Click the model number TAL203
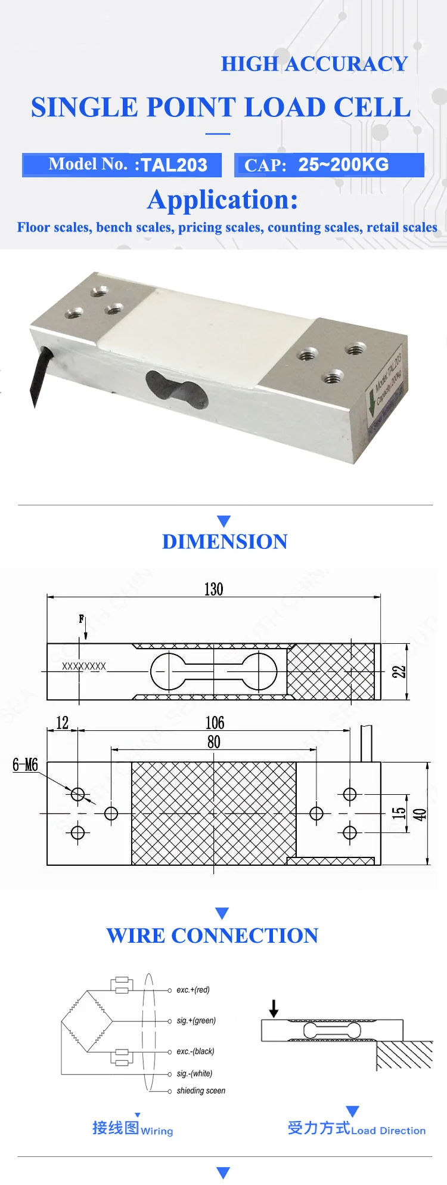click(x=173, y=165)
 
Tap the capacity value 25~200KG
click(x=343, y=165)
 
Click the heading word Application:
click(x=222, y=200)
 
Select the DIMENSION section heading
click(x=225, y=541)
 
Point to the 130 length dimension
click(x=213, y=590)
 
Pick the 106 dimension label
click(x=215, y=723)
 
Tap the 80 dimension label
click(x=213, y=742)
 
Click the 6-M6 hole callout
click(x=25, y=765)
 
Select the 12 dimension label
click(x=62, y=723)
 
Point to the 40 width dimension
click(x=420, y=814)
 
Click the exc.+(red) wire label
click(x=193, y=990)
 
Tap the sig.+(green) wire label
click(x=196, y=1021)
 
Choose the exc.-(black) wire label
click(x=195, y=1051)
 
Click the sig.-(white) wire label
click(x=194, y=1073)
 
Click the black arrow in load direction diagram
click(x=274, y=1008)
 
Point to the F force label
click(x=82, y=619)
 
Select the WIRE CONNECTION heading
click(x=212, y=936)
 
